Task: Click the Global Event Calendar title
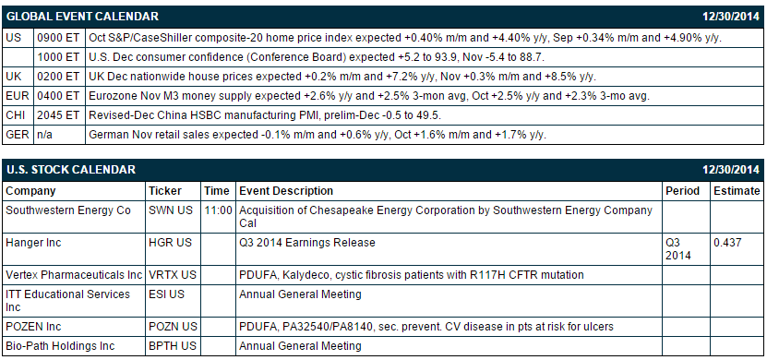pos(82,16)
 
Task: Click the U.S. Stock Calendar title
pos(70,170)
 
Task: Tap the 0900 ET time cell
pos(58,38)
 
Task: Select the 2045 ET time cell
pos(58,115)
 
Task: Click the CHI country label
pos(15,115)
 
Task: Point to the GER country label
pos(18,135)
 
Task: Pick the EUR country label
pos(18,96)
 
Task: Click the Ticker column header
pos(165,191)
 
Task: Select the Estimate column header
pos(737,191)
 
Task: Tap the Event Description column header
pos(286,191)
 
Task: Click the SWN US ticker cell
pos(171,210)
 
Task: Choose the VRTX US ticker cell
pos(173,275)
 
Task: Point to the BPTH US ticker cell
pos(173,346)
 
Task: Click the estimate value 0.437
pos(727,242)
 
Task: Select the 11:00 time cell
pos(218,210)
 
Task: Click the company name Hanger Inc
pos(33,242)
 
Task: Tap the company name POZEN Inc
pos(33,326)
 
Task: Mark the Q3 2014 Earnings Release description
pos(307,242)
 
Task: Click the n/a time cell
pos(44,135)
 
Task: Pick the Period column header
pos(682,191)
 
